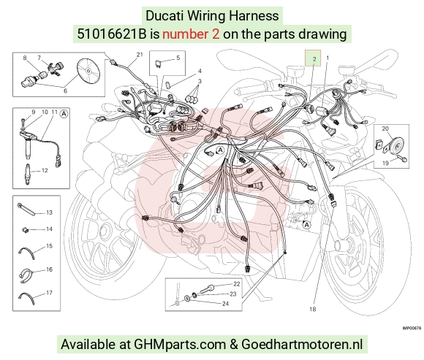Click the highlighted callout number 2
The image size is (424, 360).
[x=314, y=59]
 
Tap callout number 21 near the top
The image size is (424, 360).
[x=140, y=55]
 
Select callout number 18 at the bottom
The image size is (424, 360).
[x=313, y=309]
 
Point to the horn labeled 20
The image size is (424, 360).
[x=395, y=146]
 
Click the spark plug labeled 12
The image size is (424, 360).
[x=28, y=174]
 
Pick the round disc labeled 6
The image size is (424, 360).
[x=88, y=71]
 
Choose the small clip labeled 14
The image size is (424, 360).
[x=26, y=230]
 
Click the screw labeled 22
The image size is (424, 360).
[x=207, y=289]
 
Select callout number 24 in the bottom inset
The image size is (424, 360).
[x=225, y=304]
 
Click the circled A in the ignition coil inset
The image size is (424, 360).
[x=64, y=114]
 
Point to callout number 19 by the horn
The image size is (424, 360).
[x=385, y=163]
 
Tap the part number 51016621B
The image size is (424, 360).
[x=112, y=34]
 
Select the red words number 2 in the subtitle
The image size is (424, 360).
[x=191, y=34]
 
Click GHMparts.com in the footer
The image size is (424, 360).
[x=180, y=345]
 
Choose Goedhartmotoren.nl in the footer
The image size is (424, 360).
[x=302, y=345]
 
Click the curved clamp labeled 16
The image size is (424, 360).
[x=26, y=275]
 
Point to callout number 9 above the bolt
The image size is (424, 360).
[x=34, y=112]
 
